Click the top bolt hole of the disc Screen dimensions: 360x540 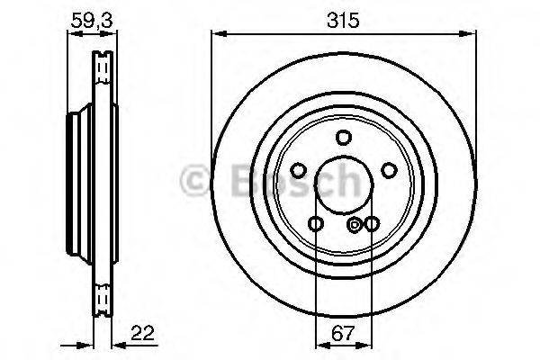(343, 138)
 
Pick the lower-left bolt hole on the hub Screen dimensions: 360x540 (315, 223)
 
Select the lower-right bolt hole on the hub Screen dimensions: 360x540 (371, 223)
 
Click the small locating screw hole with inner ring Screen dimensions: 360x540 (355, 224)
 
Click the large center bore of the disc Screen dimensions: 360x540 (343, 184)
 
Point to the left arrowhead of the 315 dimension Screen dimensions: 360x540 (217, 34)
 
